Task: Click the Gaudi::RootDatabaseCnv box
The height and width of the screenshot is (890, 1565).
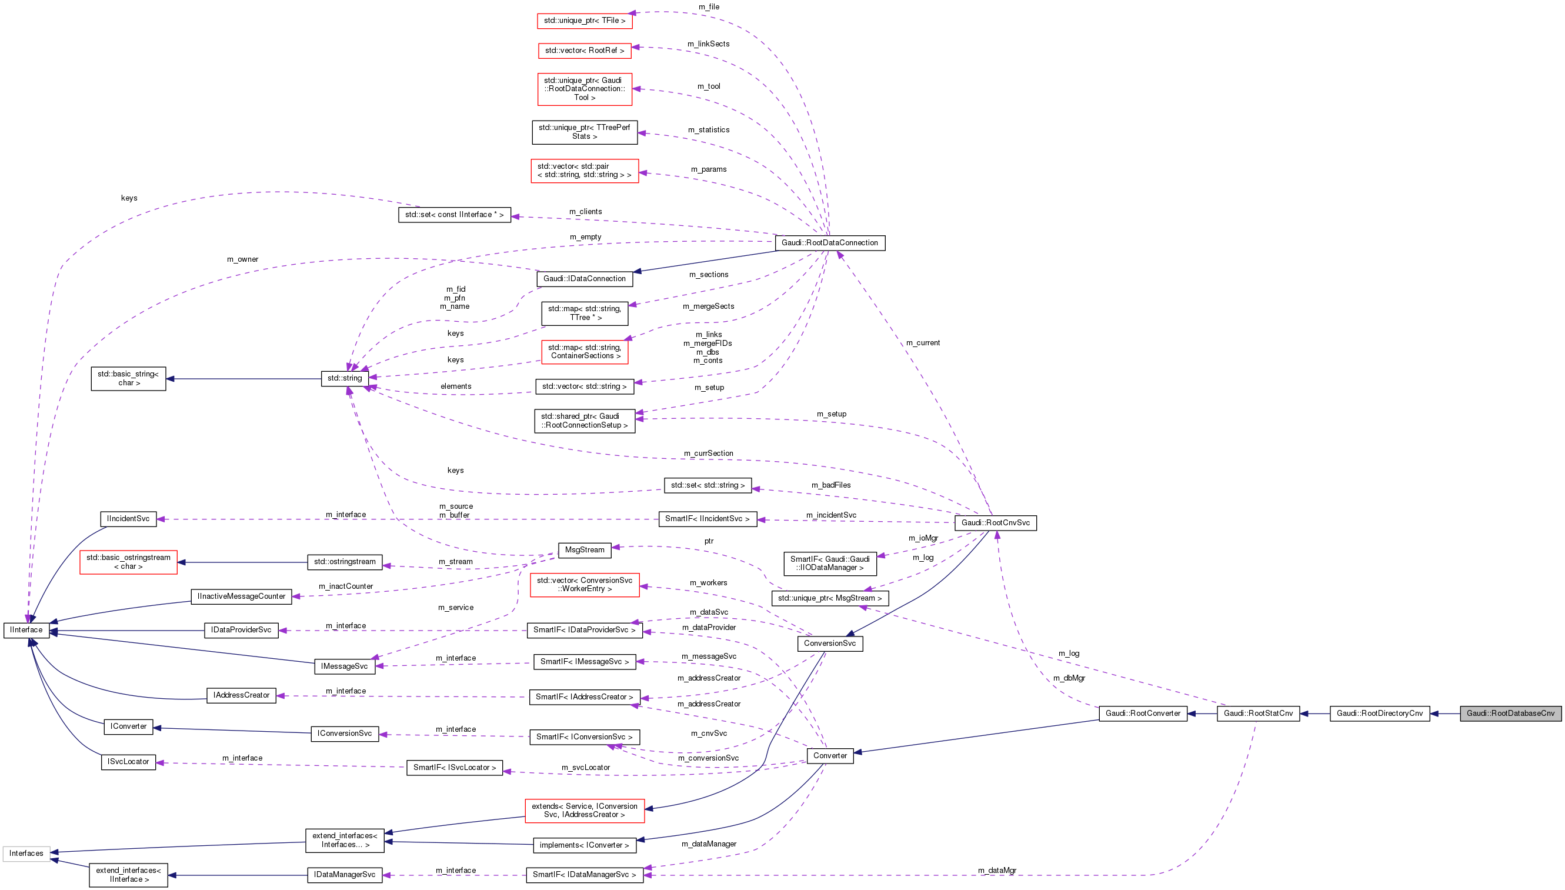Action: click(1510, 714)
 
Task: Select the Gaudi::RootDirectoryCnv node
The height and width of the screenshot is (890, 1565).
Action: click(1379, 714)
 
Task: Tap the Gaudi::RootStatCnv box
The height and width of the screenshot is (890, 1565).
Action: click(1257, 714)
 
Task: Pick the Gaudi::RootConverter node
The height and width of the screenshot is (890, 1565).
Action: click(1143, 714)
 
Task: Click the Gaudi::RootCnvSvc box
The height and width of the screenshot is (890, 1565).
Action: click(995, 522)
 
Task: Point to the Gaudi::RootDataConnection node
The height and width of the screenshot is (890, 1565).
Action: click(829, 243)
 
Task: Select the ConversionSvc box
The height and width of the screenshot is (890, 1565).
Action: click(829, 643)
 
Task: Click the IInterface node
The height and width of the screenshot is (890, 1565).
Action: click(26, 629)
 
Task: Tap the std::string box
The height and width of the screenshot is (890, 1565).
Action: click(345, 378)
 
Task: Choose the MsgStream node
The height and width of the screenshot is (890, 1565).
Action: click(584, 549)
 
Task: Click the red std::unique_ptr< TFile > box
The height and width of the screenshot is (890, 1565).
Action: click(584, 21)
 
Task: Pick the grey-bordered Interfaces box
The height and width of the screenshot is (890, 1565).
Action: click(26, 854)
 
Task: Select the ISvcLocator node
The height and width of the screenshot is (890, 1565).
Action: click(128, 762)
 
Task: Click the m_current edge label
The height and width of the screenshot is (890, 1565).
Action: click(923, 343)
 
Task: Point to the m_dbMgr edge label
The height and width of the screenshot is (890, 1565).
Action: click(1069, 678)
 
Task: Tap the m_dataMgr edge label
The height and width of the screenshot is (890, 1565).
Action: click(997, 871)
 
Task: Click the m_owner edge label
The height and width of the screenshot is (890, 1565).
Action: click(243, 259)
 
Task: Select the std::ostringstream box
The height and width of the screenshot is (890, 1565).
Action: click(345, 562)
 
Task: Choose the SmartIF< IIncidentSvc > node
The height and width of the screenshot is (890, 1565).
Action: click(707, 519)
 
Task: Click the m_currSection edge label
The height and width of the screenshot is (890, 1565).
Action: click(708, 454)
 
